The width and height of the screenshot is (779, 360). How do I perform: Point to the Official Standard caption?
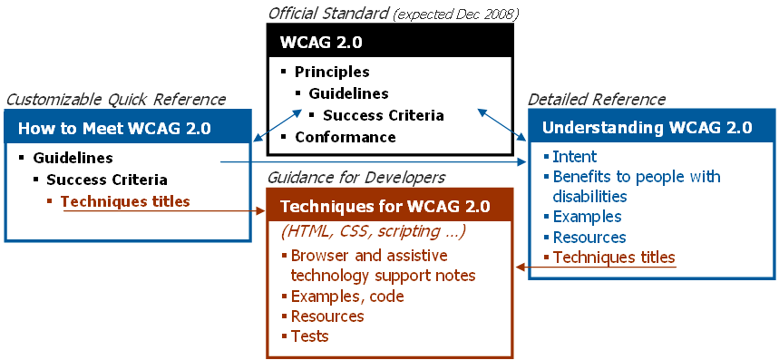tap(328, 14)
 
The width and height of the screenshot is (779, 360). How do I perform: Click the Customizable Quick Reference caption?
tap(116, 100)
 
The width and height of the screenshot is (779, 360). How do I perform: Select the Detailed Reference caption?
tap(596, 100)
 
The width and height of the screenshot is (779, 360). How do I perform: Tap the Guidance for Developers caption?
tap(356, 177)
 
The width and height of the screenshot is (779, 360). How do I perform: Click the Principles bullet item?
tap(332, 72)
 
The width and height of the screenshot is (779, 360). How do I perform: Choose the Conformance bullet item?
tap(346, 137)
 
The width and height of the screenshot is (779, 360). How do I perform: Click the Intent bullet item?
tap(574, 157)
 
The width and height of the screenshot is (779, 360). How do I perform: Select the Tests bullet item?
tap(309, 336)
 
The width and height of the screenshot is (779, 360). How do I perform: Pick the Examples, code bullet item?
tap(347, 297)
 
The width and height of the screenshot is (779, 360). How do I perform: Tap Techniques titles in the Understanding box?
tap(614, 258)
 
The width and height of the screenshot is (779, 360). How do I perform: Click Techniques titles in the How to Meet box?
tap(125, 201)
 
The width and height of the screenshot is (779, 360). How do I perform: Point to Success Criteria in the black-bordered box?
tap(383, 115)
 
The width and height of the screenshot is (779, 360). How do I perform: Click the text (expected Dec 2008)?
tap(456, 15)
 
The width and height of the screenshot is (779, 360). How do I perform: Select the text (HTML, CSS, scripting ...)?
tap(373, 232)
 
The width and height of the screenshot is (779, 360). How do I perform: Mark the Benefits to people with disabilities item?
tap(637, 187)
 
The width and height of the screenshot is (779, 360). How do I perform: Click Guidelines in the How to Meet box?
tap(73, 158)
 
